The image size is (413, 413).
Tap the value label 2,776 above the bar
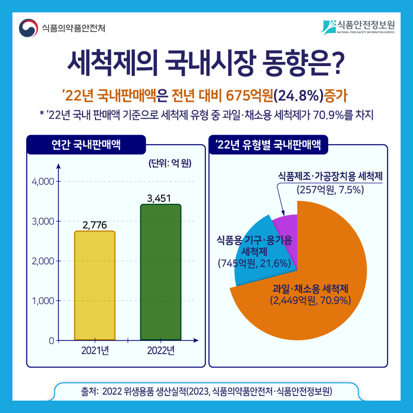pos(94,225)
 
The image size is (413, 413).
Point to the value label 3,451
pos(159,198)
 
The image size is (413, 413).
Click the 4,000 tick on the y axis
pos(43,182)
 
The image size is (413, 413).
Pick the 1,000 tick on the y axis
pos(43,300)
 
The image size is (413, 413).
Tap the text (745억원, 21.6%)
pos(254,264)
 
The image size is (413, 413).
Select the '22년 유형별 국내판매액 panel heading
pos(268,144)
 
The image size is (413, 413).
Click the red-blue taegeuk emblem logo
pos(28,28)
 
